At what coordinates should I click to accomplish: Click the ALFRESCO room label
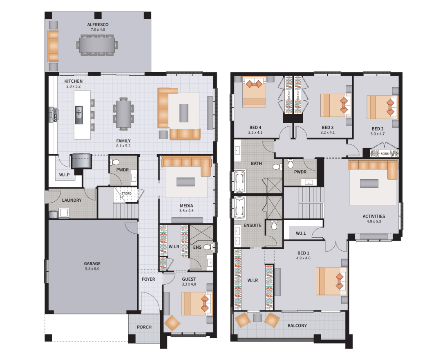click(98, 25)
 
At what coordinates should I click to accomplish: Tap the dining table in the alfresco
click(97, 45)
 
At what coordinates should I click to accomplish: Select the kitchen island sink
click(78, 115)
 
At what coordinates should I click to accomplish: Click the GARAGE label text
click(92, 263)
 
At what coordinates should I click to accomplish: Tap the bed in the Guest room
click(197, 303)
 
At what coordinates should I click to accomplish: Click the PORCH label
click(144, 327)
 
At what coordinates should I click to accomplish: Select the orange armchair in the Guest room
click(172, 323)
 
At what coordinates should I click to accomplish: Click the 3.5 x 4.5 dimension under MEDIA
click(186, 211)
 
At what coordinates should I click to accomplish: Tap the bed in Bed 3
click(336, 105)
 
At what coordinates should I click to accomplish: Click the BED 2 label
click(378, 129)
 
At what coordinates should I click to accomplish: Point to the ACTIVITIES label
click(374, 216)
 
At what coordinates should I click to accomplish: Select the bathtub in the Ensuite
click(239, 208)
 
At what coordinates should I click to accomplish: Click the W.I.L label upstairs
click(301, 233)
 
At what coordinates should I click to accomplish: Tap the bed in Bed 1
click(331, 281)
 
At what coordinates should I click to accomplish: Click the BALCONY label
click(297, 326)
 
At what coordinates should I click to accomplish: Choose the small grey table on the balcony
click(257, 318)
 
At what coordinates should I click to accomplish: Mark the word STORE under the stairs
click(126, 193)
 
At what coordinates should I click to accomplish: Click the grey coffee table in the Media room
click(186, 182)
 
